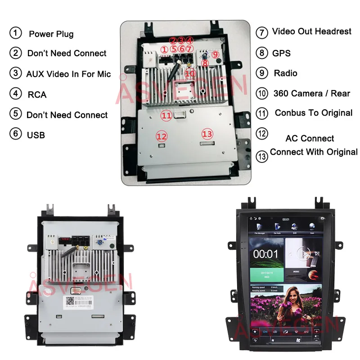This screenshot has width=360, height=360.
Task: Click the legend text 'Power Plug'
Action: tap(51, 34)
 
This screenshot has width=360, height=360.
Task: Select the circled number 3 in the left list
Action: tap(16, 73)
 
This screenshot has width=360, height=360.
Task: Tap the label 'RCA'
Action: tap(36, 94)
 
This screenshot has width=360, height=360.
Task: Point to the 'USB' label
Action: tap(36, 135)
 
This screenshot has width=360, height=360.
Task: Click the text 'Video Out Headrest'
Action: tap(311, 31)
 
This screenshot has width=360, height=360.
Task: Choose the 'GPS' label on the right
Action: tap(281, 53)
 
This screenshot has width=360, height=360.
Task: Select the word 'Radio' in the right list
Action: tap(285, 73)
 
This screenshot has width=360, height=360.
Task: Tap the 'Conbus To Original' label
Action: tap(313, 112)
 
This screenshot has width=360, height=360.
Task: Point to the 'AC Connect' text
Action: tap(310, 139)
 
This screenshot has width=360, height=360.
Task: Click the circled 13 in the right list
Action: tap(262, 156)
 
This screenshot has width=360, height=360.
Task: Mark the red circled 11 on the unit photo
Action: tap(166, 116)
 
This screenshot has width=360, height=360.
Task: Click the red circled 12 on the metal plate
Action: tap(162, 136)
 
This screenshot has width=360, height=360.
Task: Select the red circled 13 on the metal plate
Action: tap(207, 134)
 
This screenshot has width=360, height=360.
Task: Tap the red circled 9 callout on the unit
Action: tap(216, 54)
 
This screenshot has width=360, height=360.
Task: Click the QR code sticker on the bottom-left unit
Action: tap(70, 301)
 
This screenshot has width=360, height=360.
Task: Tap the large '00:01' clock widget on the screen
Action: tap(265, 254)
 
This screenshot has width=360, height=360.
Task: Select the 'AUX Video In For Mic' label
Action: tap(68, 74)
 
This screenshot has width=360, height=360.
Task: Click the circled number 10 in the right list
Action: tap(262, 94)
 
